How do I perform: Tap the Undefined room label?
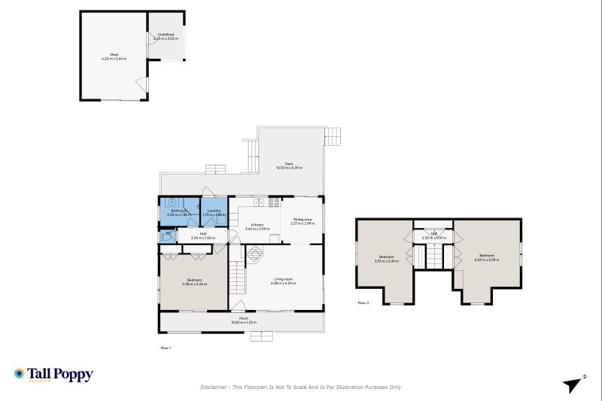(x=166, y=35)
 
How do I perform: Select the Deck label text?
(x=288, y=166)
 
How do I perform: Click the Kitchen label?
(x=257, y=225)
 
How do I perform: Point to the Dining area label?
(x=303, y=221)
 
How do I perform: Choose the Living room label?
(x=284, y=281)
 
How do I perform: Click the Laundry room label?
(x=214, y=211)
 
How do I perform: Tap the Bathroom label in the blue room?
(x=178, y=211)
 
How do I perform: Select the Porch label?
(x=244, y=318)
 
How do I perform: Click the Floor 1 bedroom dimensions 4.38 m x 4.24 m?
(x=194, y=284)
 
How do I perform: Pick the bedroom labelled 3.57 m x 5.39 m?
(x=386, y=261)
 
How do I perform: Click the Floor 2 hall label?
(x=433, y=235)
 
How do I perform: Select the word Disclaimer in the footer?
(x=214, y=387)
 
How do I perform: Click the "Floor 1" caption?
(x=166, y=348)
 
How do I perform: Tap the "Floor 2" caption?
(x=363, y=303)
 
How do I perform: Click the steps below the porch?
(x=261, y=336)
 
